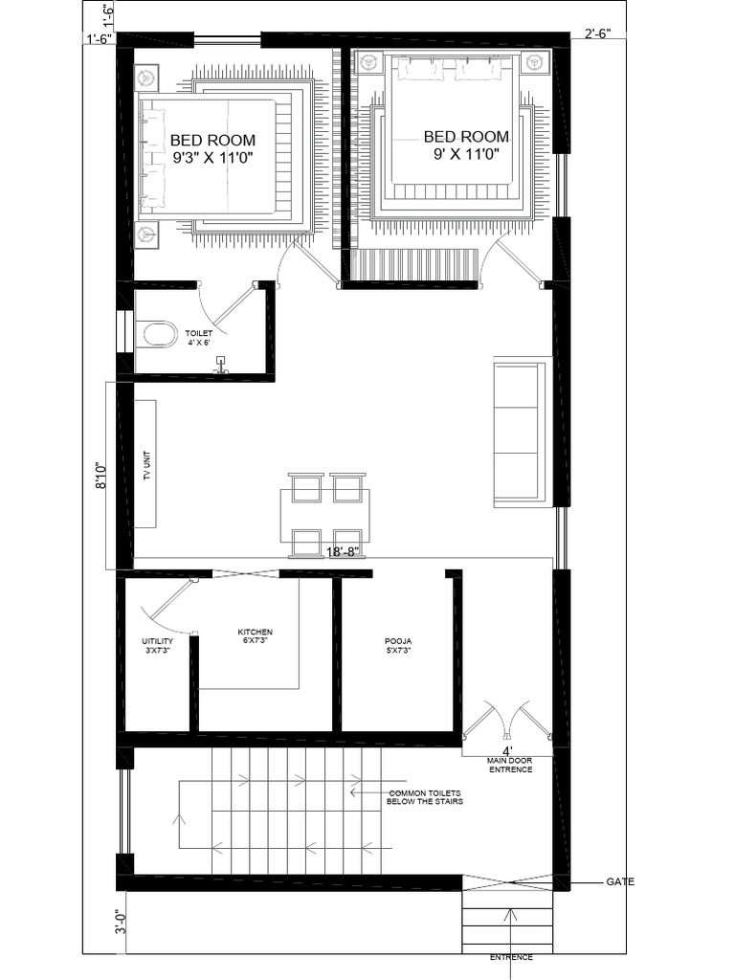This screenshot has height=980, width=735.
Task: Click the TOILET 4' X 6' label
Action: pyautogui.click(x=198, y=338)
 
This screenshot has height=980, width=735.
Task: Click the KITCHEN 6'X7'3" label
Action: pyautogui.click(x=255, y=636)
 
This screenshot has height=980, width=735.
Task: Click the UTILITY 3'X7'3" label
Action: pyautogui.click(x=157, y=646)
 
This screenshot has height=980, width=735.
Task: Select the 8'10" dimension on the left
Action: pyautogui.click(x=101, y=476)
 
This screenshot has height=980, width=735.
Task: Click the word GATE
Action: pyautogui.click(x=620, y=881)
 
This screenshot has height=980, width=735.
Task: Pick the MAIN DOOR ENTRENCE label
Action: pyautogui.click(x=510, y=765)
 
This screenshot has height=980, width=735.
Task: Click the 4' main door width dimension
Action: pyautogui.click(x=507, y=750)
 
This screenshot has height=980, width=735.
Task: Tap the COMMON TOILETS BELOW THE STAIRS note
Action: pyautogui.click(x=424, y=797)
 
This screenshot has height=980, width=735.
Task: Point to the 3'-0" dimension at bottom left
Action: pyautogui.click(x=121, y=922)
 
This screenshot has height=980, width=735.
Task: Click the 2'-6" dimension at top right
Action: pyautogui.click(x=597, y=33)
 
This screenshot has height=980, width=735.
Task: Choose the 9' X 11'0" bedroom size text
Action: pyautogui.click(x=467, y=154)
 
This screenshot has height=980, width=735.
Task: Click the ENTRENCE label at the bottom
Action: pyautogui.click(x=511, y=957)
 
